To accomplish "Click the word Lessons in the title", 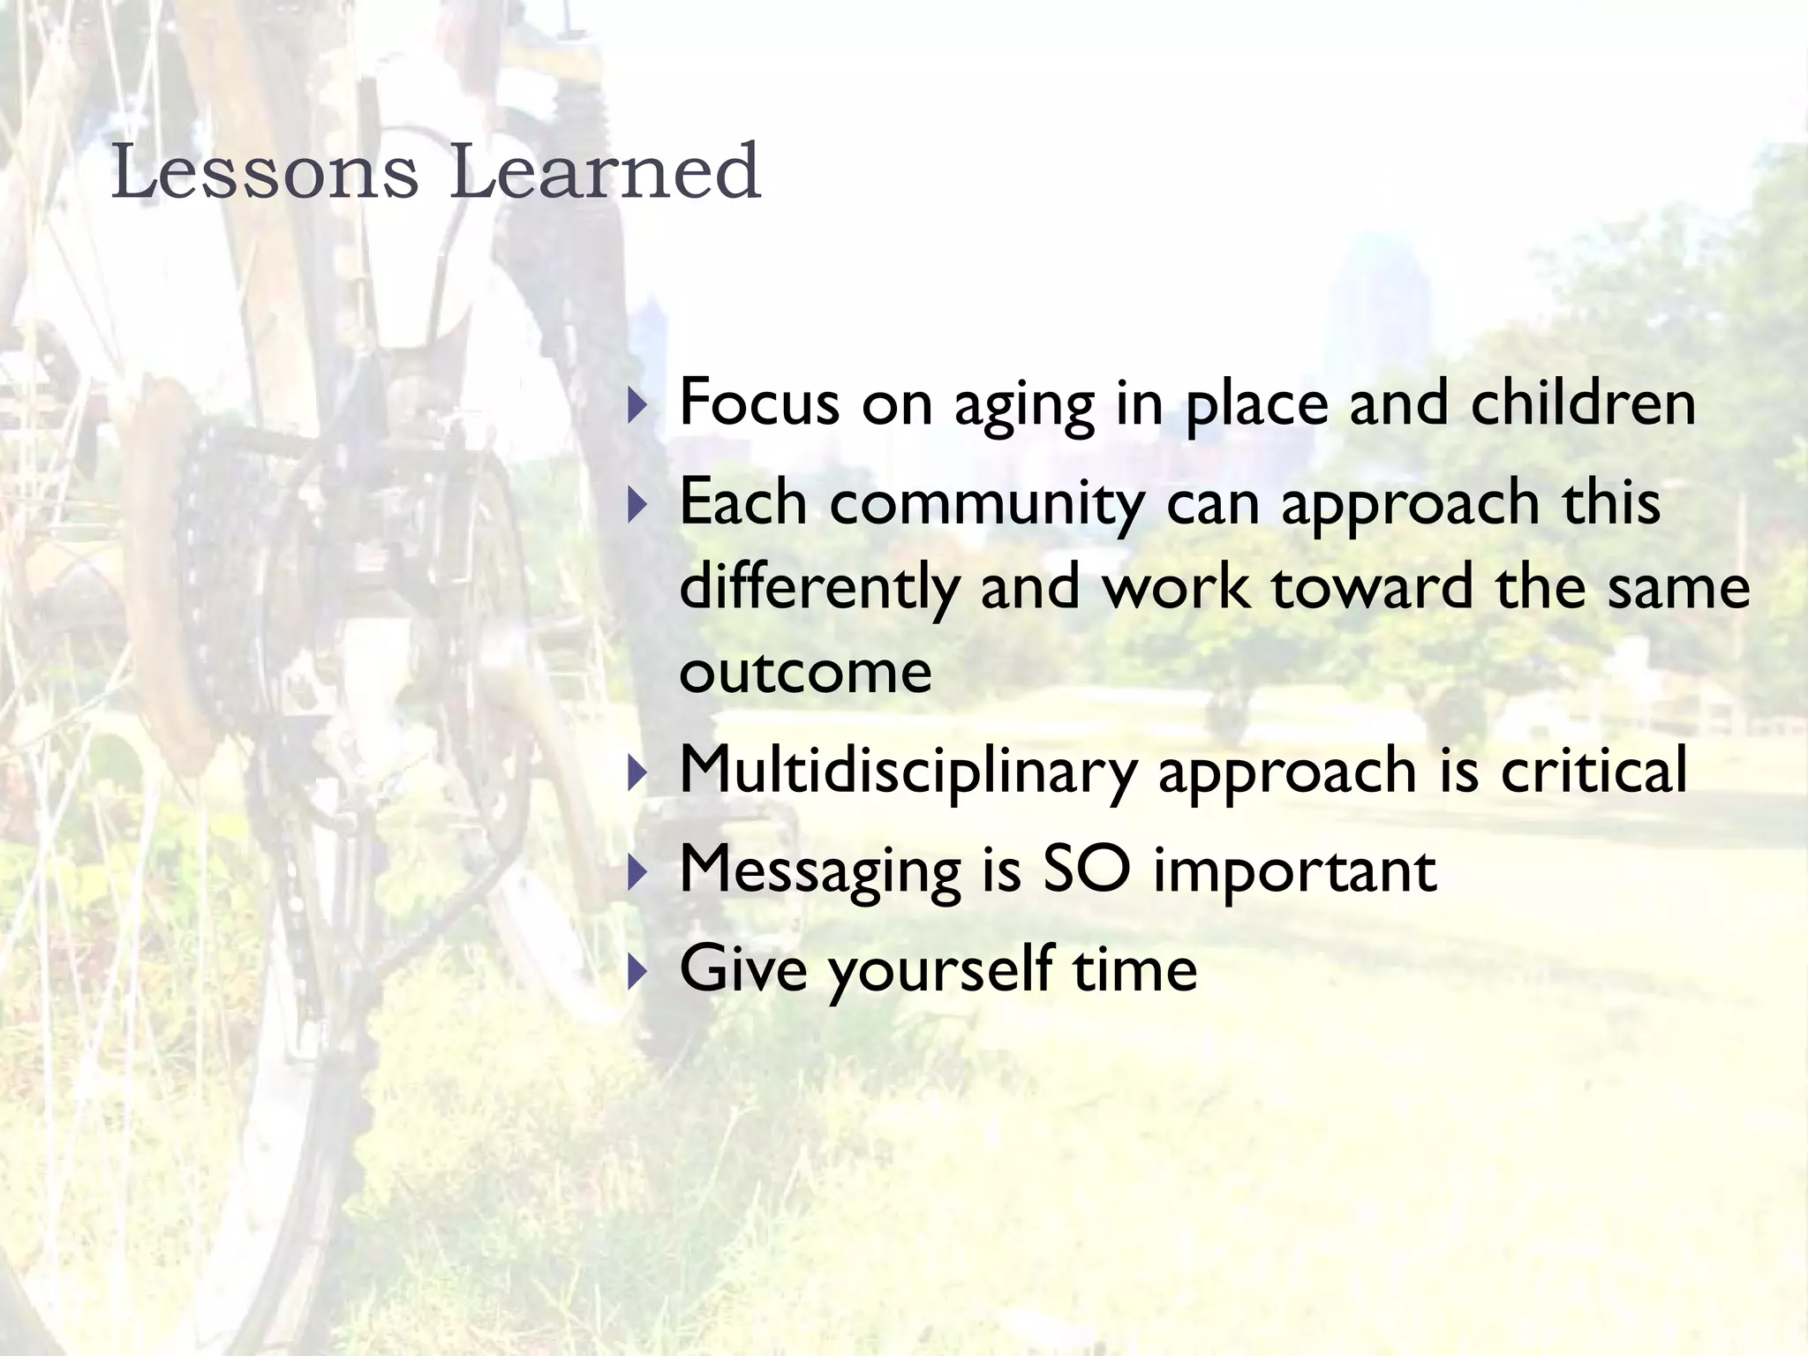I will [264, 172].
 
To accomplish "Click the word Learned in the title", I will [605, 172].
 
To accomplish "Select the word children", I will [1583, 403].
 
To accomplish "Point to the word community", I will [987, 503].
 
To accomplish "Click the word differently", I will [818, 589].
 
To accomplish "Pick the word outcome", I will [805, 673].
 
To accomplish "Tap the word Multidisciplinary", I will [908, 771].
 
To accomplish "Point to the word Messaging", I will [819, 871].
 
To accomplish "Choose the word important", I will [1295, 871].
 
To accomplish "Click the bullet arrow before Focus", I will [637, 407].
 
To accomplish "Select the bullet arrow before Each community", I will [637, 506].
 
